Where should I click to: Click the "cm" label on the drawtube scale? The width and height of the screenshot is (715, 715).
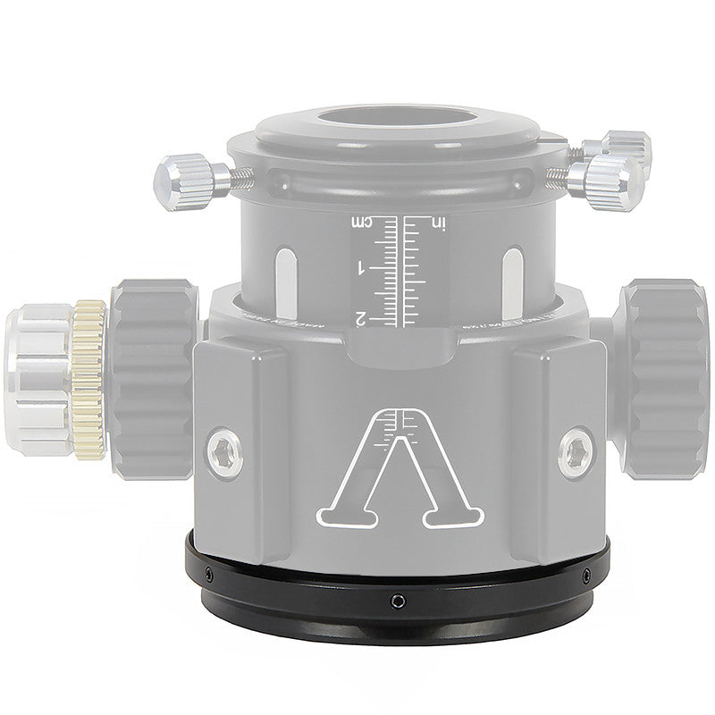[365, 222]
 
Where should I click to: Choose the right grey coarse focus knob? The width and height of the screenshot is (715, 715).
[661, 375]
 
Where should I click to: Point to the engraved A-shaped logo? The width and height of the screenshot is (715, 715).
[401, 469]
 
